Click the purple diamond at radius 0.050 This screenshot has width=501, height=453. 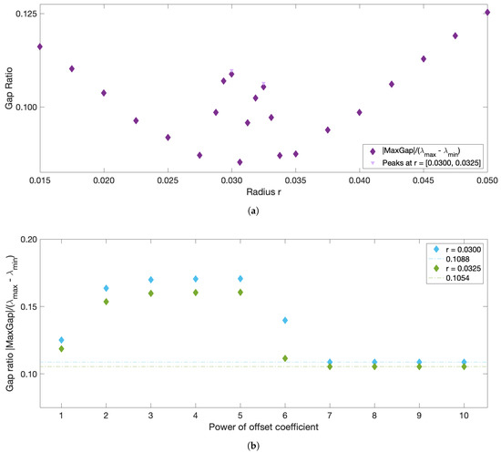coord(487,12)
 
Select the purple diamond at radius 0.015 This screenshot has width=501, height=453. coord(39,46)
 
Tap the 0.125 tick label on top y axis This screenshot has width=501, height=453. coord(24,13)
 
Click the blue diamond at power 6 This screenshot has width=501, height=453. coord(286,321)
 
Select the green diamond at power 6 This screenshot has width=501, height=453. coord(286,358)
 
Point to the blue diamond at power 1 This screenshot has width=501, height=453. coord(61,340)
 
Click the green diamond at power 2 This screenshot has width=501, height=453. coord(106,302)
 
